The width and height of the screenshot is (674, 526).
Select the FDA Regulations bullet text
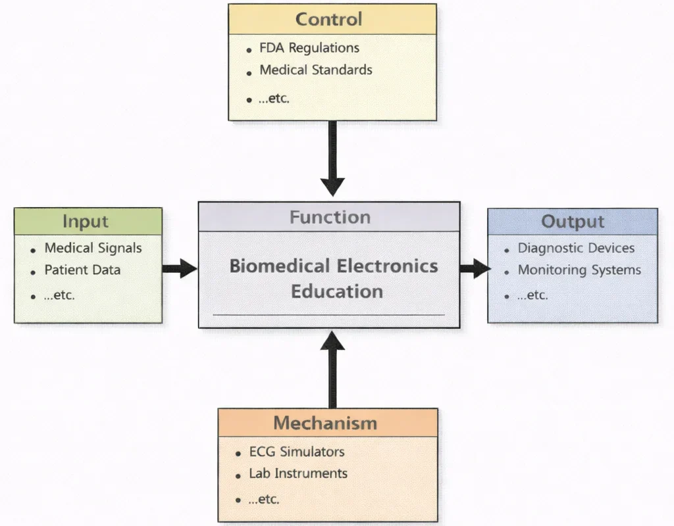[x=309, y=48]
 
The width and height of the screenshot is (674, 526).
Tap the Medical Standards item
[x=315, y=70]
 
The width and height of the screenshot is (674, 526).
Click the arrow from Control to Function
[x=332, y=158]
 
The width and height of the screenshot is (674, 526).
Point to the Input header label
[x=86, y=222]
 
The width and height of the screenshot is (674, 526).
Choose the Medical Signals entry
[x=93, y=248]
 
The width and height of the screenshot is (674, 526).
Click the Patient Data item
[x=82, y=270]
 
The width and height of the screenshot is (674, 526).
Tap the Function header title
[x=330, y=217]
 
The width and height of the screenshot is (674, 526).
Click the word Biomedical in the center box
[x=280, y=266]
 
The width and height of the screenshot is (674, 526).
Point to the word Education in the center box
[x=337, y=291]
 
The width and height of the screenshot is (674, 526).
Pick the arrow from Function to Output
[x=474, y=268]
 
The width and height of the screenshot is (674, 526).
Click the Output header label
[x=572, y=222]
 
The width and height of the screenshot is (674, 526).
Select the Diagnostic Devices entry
[x=576, y=248]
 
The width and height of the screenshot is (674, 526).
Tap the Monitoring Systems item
[x=579, y=270]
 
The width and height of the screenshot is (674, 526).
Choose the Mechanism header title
[x=325, y=423]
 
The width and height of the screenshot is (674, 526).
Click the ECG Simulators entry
[x=296, y=452]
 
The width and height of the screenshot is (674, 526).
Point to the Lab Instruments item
[x=298, y=473]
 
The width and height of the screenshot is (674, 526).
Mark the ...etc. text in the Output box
[x=532, y=295]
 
